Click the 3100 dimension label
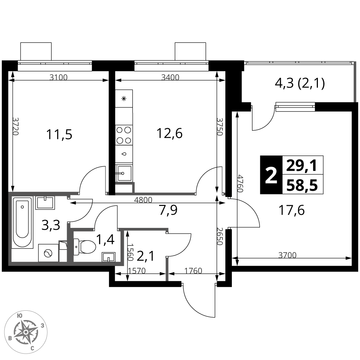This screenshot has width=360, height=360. coord(58,77)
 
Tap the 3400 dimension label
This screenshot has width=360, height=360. coord(170,77)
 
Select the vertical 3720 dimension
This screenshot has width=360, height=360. coord(15,126)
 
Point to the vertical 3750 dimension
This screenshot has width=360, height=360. coord(220,127)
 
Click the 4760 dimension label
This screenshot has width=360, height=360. coord(240,184)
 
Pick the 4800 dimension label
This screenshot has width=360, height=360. coord(143,200)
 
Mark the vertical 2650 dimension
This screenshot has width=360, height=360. coord(220,236)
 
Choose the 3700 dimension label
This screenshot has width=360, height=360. coord(287,255)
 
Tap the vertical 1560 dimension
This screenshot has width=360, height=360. coord(130,252)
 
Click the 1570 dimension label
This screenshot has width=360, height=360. coord(137,271)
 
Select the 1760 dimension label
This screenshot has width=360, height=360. coord(193,271)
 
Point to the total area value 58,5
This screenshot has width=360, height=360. coord(302,186)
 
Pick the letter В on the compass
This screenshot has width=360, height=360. coord(10,338)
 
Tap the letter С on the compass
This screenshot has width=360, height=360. coord(32,348)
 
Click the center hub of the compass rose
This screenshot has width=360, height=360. coord(26,332)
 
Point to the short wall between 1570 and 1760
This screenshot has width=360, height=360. coord(167,269)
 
